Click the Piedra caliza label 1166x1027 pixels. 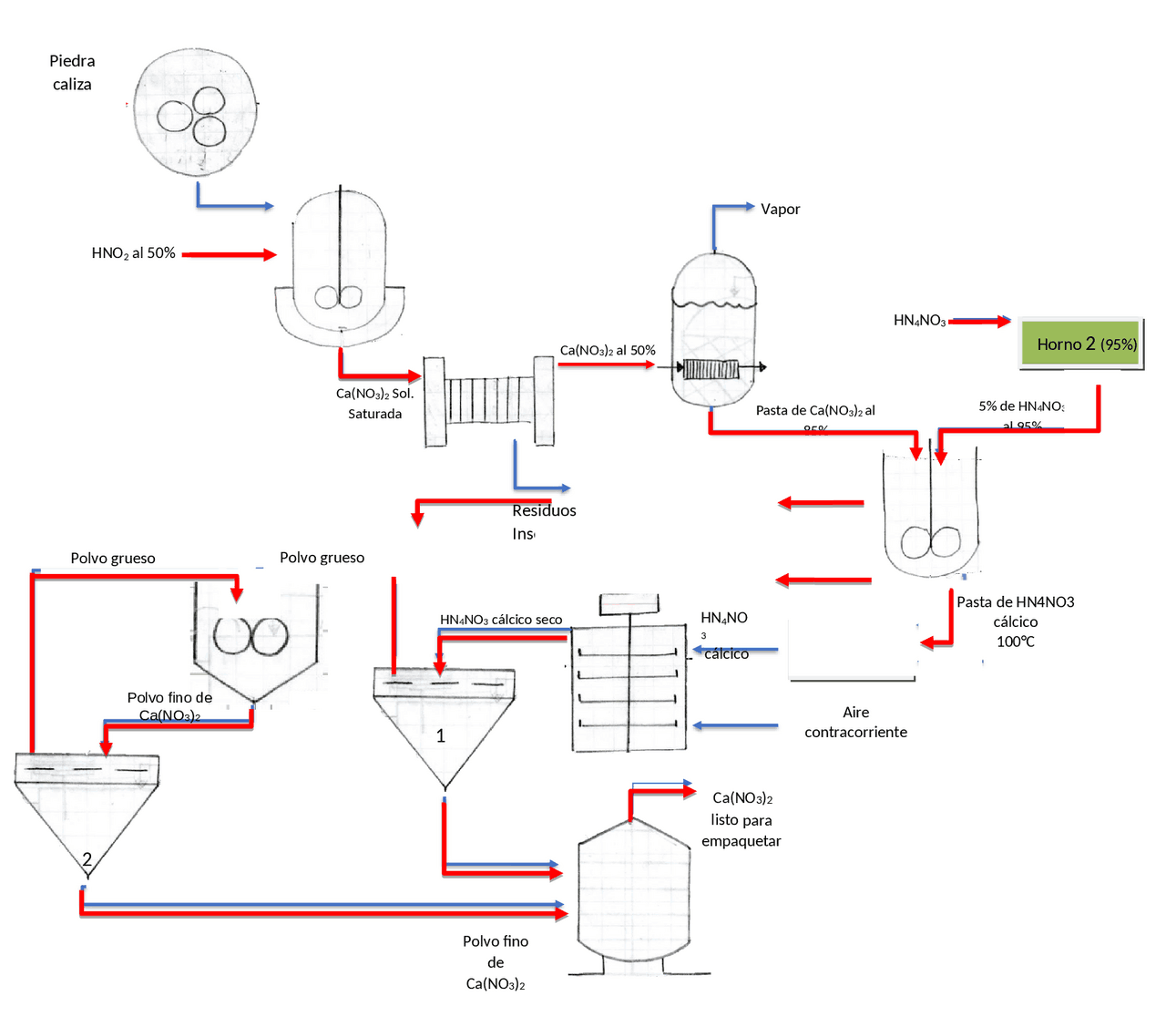coord(72,73)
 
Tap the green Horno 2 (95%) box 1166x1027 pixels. coord(1080,344)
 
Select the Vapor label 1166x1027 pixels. coord(780,210)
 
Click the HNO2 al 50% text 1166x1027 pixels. coord(133,253)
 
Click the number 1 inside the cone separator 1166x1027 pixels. coord(441,735)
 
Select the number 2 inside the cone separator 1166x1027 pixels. coord(87,858)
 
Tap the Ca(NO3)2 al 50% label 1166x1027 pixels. coord(607,351)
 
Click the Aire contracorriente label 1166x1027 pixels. coord(855,722)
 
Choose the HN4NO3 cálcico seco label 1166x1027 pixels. coord(501,620)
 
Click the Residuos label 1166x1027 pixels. coord(544,511)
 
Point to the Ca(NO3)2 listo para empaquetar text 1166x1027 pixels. coord(742,819)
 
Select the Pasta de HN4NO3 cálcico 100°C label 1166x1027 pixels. coord(1015,621)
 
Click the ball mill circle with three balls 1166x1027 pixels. coord(195,113)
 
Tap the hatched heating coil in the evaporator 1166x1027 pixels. coord(711,369)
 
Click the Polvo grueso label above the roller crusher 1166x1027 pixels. coord(322,558)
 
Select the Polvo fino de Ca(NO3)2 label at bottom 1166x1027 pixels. coord(496,962)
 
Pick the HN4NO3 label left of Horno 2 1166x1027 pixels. coord(919,321)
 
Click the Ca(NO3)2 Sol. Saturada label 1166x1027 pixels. coord(374,404)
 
